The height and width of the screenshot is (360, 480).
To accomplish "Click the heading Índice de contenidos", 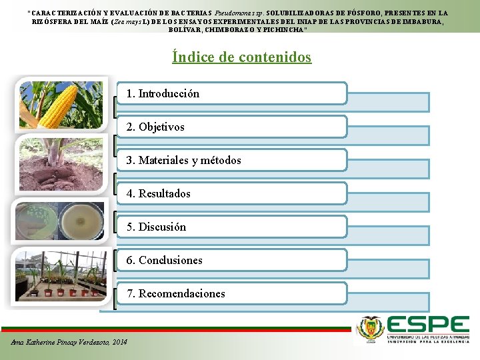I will coord(241,57).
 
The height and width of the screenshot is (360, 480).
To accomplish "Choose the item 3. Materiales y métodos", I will coord(183,160).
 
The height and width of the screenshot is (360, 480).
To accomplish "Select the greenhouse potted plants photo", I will coord(59,275).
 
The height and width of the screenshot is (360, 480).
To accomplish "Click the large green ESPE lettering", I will coord(428,325).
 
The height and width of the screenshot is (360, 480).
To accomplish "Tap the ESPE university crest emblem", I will coord(371,327).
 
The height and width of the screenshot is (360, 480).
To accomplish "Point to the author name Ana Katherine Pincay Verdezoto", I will coord(61,342).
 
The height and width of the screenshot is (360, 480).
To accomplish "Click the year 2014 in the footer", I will coord(119,342).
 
